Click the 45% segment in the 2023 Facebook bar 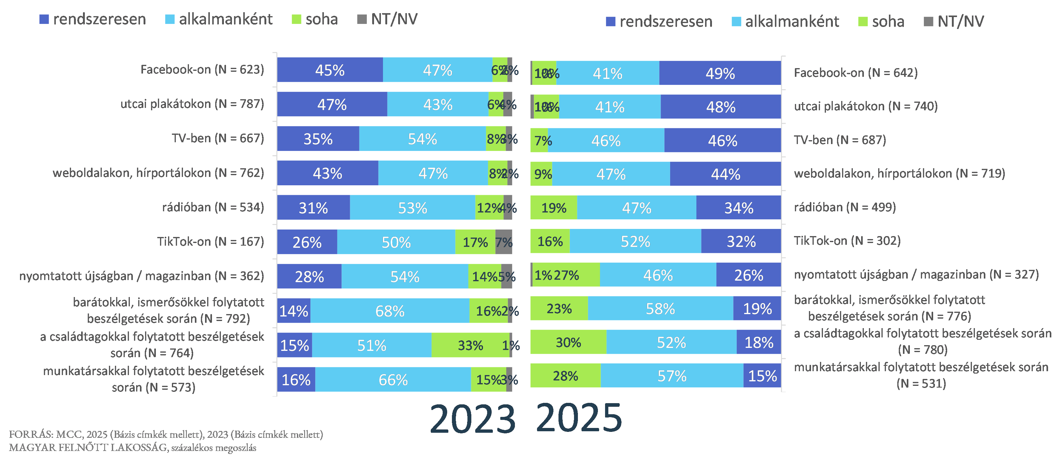(330, 70)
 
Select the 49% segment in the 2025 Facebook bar (720, 73)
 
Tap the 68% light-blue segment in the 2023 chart (390, 311)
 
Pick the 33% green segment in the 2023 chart (470, 345)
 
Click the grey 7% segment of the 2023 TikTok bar (504, 242)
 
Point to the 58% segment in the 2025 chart (660, 308)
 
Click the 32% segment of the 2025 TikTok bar (741, 241)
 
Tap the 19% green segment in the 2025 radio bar (554, 208)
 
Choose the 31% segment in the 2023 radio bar (313, 208)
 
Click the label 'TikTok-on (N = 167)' (210, 242)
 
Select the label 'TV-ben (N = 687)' (840, 140)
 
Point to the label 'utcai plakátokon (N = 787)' (192, 104)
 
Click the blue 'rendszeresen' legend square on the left (44, 19)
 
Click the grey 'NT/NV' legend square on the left (362, 19)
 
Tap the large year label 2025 (579, 418)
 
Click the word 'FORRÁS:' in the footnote (31, 435)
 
